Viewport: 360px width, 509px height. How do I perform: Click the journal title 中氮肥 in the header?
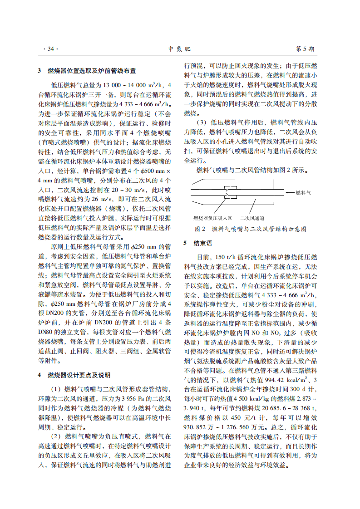tap(179, 49)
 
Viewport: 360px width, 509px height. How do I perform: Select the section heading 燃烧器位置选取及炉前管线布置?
tap(91, 71)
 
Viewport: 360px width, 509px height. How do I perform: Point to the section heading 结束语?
tap(203, 243)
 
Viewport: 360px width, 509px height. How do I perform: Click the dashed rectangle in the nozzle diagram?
tap(231, 193)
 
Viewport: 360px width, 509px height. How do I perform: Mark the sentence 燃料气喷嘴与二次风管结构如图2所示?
tap(252, 171)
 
